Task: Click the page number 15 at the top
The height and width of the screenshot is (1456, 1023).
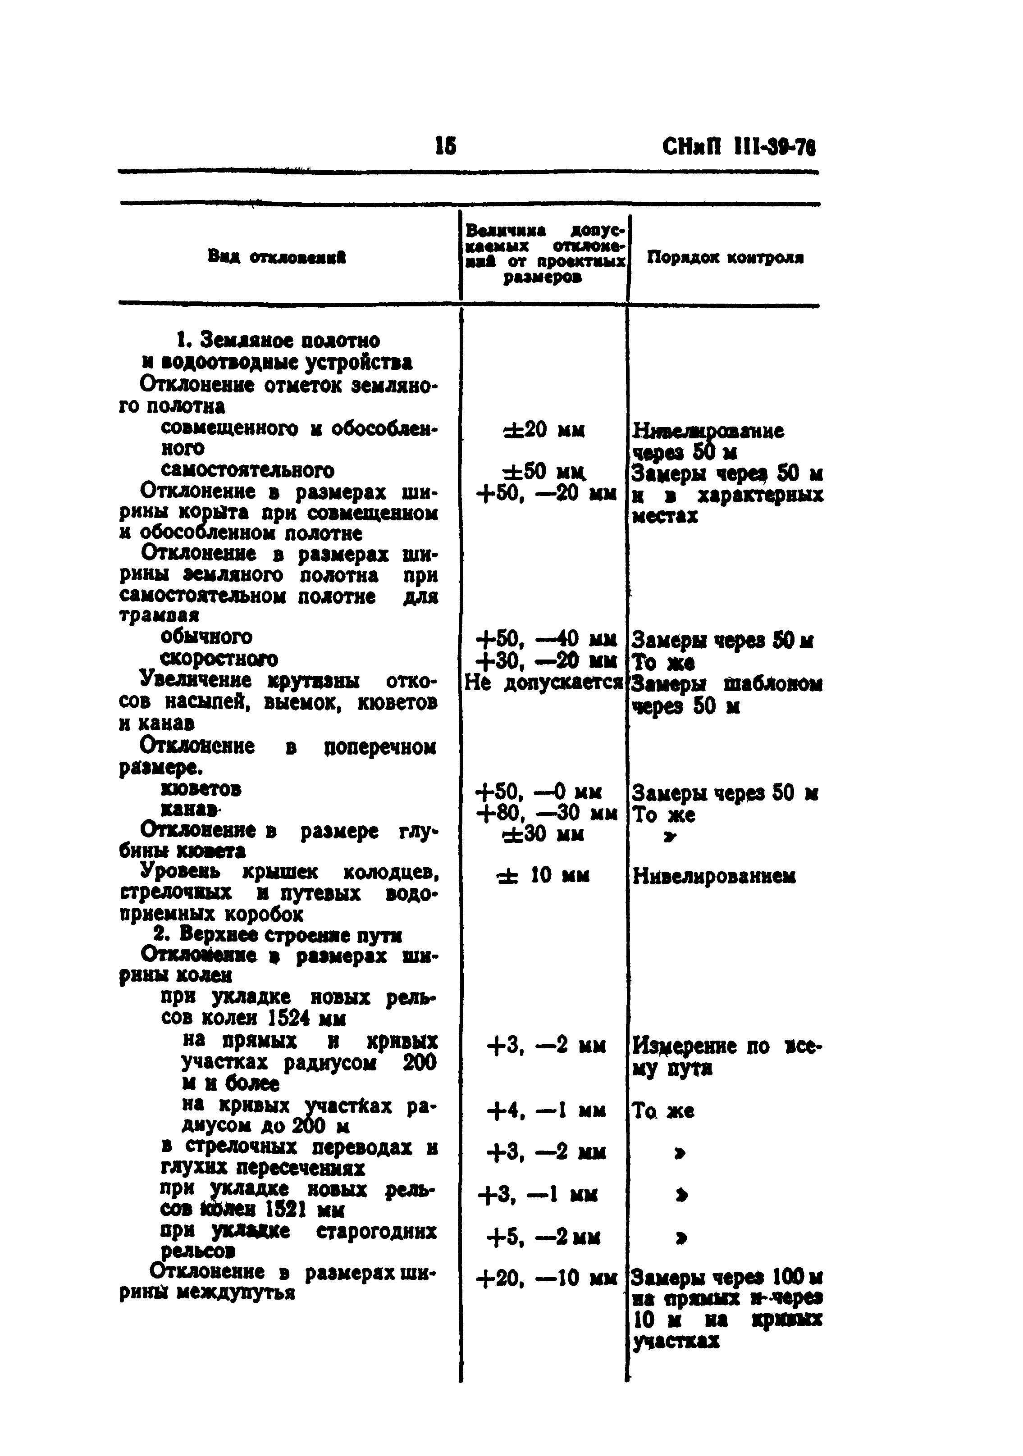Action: click(x=446, y=146)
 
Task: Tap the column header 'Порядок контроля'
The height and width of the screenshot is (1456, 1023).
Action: click(x=725, y=258)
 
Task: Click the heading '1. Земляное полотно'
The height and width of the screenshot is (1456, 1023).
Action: click(x=279, y=341)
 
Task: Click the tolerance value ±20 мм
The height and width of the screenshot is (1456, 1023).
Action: click(x=543, y=431)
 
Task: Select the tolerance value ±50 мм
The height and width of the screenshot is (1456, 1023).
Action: click(x=543, y=473)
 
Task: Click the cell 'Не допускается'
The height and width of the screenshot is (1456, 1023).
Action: click(x=544, y=682)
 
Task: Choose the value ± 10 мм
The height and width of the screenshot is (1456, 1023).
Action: click(x=543, y=876)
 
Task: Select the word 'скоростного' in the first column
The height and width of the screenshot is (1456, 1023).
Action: click(x=219, y=659)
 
